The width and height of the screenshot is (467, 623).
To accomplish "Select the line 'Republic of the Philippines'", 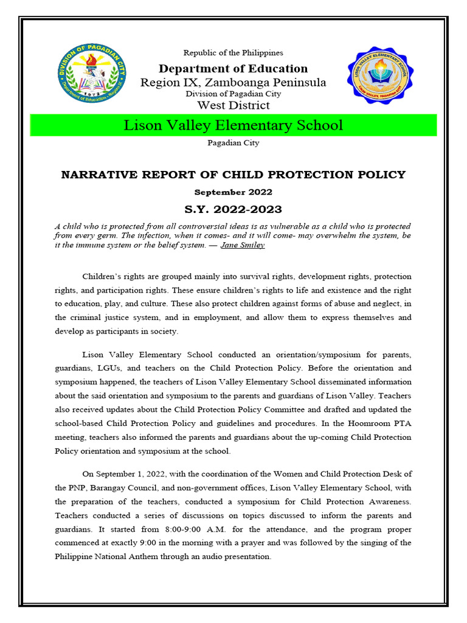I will coord(233,53).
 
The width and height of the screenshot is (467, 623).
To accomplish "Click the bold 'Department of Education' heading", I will coord(233,69).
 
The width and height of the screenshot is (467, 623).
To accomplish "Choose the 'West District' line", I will coord(233,105).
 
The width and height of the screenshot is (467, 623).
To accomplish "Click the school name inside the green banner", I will coord(233,125).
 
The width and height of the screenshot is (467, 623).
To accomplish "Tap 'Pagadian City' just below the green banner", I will coord(233,143).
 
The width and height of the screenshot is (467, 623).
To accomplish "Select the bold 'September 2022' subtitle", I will coord(233,192).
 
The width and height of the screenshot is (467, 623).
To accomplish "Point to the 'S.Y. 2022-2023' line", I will coord(233,209).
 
